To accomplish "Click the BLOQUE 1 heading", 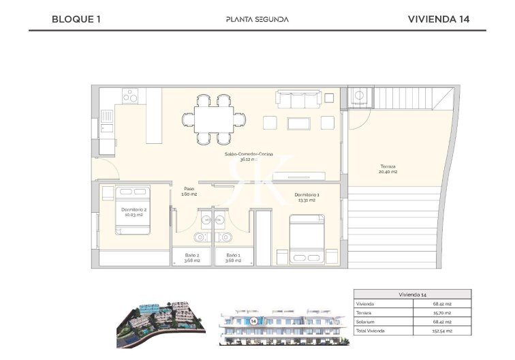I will click(76, 19).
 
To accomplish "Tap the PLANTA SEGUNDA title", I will click(257, 19).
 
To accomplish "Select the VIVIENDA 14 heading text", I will click(438, 19).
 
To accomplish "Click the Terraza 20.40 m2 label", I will click(388, 169).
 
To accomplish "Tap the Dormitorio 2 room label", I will click(134, 212).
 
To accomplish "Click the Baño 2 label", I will click(193, 258).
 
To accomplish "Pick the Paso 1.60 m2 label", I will click(189, 192).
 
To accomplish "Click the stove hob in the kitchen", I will click(130, 97).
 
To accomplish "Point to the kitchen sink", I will click(107, 126).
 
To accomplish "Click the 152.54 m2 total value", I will click(444, 331).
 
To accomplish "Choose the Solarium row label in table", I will click(366, 322).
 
